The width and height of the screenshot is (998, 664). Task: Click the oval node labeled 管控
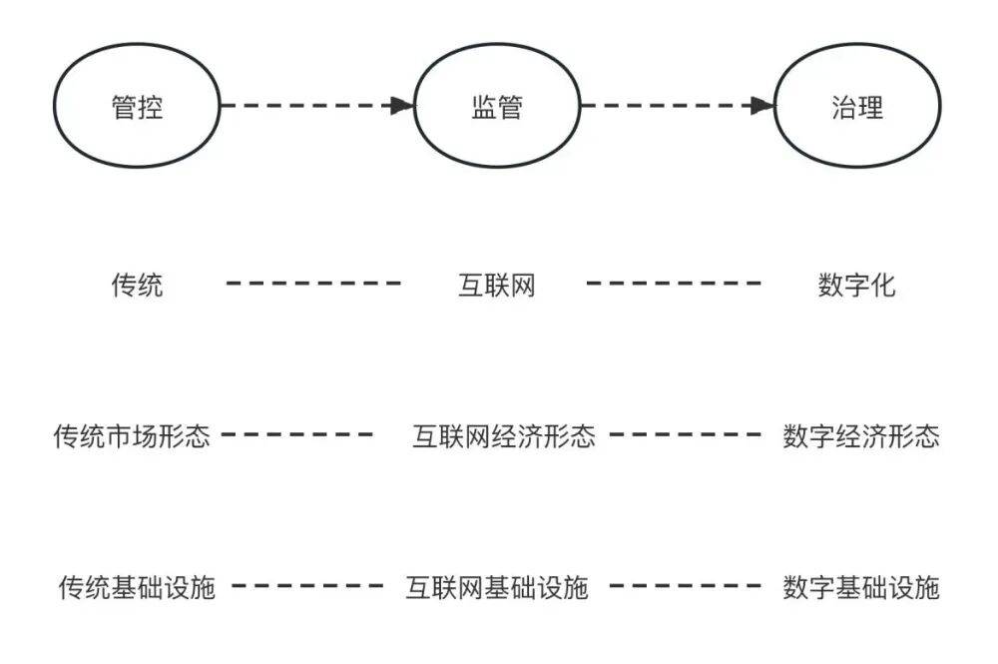click(137, 106)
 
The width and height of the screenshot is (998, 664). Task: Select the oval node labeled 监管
click(497, 106)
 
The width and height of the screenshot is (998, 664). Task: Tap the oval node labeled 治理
click(856, 106)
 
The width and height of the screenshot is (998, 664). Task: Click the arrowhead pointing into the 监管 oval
click(402, 105)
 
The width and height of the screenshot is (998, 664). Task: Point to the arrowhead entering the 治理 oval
click(763, 105)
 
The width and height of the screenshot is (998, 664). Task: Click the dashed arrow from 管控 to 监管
click(309, 105)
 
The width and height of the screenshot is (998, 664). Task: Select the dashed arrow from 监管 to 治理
click(669, 105)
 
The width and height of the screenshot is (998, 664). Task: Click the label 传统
click(137, 286)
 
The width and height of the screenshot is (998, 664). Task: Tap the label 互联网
click(496, 286)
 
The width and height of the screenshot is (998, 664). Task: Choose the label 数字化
click(856, 286)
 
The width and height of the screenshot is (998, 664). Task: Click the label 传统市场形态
click(132, 436)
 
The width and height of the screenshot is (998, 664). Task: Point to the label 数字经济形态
click(861, 436)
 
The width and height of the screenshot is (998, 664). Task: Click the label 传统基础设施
click(137, 586)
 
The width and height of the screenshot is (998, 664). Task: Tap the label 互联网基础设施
click(496, 586)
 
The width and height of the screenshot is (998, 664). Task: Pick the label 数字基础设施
click(861, 586)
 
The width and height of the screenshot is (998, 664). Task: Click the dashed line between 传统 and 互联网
click(313, 284)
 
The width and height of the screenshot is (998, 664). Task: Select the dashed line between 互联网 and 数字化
click(674, 284)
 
